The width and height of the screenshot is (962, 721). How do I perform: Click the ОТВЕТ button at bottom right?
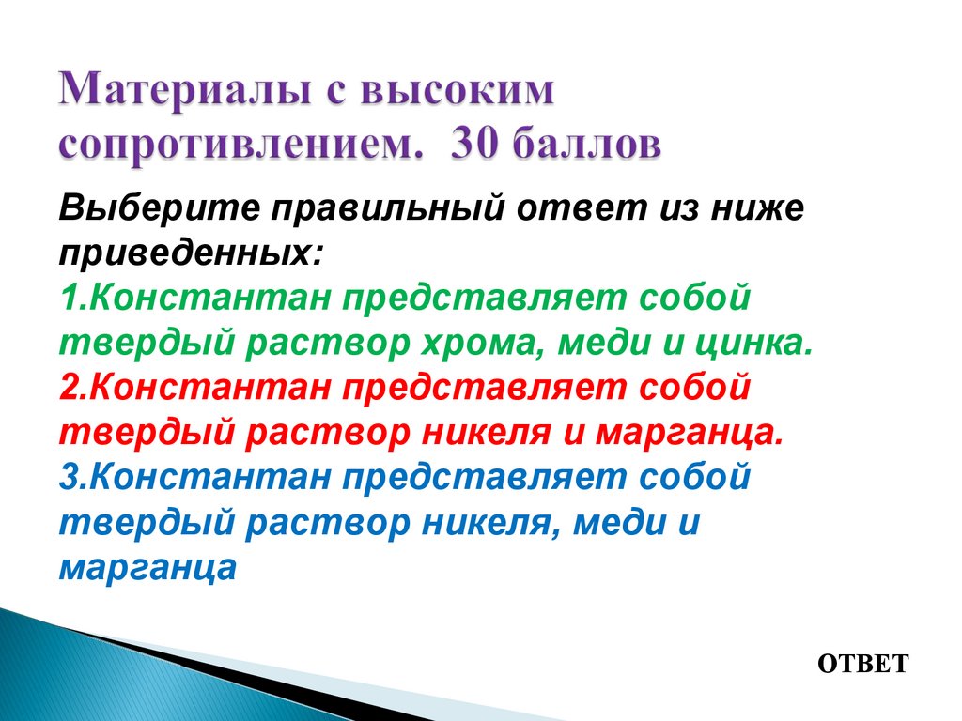coord(862,664)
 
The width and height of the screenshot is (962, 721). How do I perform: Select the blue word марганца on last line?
coord(147,568)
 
